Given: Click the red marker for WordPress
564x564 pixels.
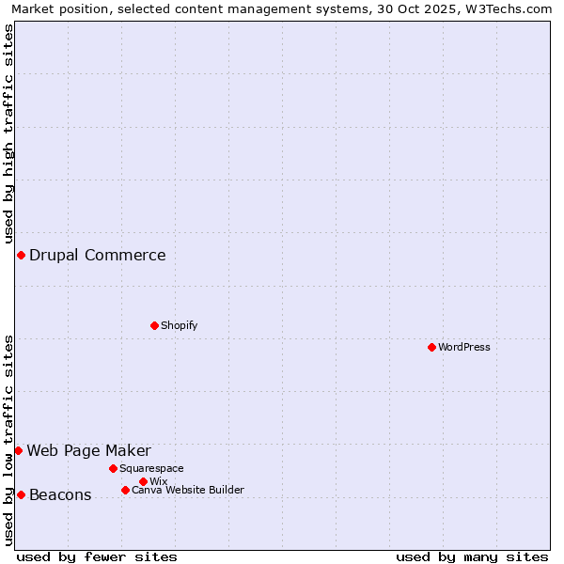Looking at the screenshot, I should (431, 347).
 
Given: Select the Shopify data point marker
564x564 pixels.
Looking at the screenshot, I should (154, 325).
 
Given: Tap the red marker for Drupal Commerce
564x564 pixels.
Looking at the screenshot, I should (21, 255).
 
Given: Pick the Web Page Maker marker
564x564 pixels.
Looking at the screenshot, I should (18, 450).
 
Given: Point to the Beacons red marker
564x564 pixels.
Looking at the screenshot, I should (21, 494).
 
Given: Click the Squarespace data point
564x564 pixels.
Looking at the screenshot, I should (113, 468).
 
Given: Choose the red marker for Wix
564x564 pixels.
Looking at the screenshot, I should (143, 481).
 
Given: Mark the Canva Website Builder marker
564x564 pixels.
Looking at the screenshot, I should (125, 490).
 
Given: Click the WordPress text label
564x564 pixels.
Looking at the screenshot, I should (464, 347).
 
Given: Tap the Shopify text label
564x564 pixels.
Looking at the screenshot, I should (179, 325).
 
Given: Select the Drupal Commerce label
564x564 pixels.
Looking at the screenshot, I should (97, 255).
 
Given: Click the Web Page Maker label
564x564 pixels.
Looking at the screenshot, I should (88, 450).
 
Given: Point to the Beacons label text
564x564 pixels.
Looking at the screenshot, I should (60, 495).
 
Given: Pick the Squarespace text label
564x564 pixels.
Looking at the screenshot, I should (151, 468).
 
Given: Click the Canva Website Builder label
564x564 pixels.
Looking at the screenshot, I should (187, 490).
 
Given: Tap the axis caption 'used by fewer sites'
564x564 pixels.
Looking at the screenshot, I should (97, 556).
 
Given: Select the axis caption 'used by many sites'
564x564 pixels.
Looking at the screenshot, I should (472, 556).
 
